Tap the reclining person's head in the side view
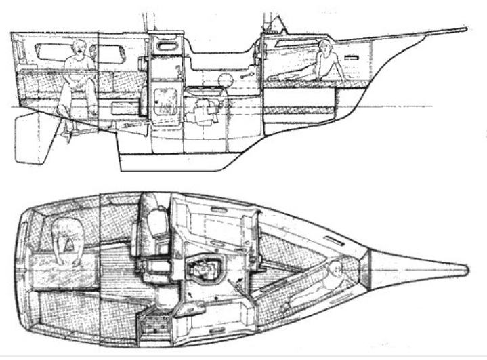coord(326,47)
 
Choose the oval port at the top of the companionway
coord(165,45)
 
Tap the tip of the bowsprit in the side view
coord(465,29)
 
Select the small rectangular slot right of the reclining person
coord(351,59)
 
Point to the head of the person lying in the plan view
coord(333,273)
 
